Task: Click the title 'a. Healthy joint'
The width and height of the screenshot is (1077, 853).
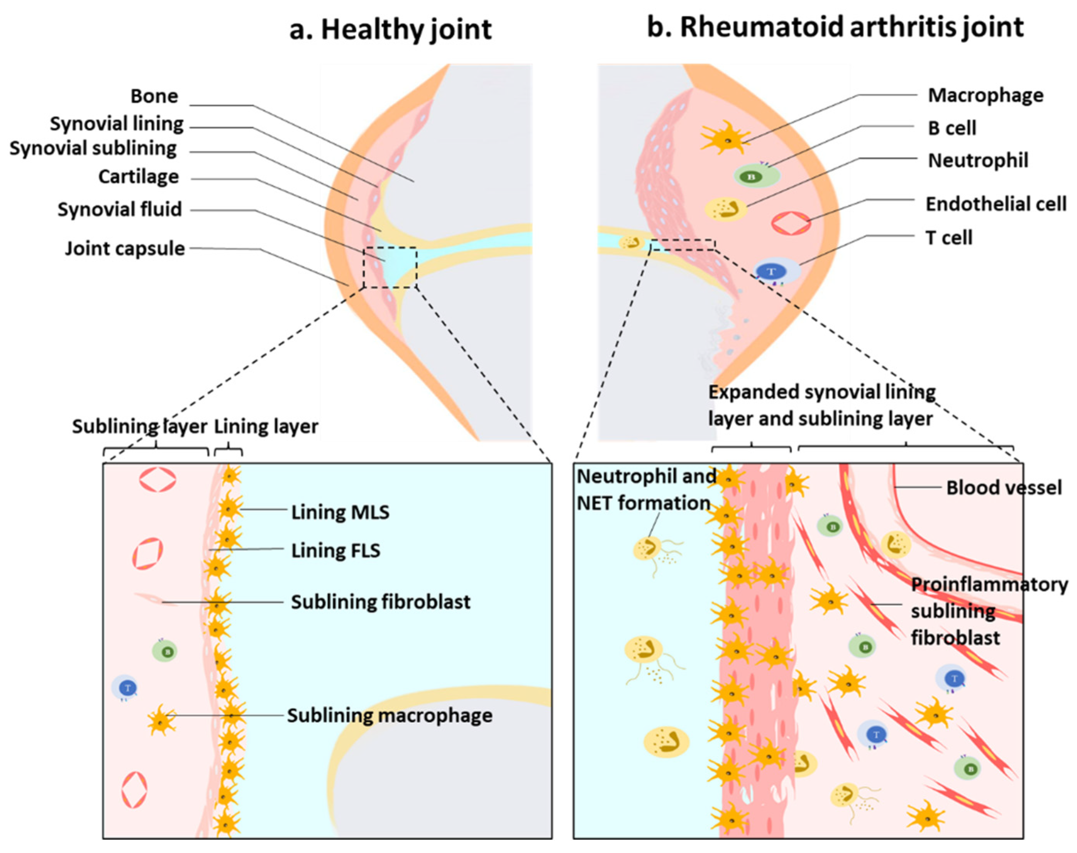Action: click(x=391, y=29)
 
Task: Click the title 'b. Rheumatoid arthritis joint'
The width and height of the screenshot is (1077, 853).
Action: click(x=835, y=27)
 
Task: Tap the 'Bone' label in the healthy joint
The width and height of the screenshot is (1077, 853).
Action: click(x=154, y=96)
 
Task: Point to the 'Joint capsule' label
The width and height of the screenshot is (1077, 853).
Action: click(x=125, y=248)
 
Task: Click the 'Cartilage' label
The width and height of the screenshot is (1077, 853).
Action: click(x=138, y=176)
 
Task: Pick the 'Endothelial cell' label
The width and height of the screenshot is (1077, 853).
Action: click(x=996, y=204)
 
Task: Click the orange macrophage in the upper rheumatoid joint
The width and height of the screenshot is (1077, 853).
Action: click(x=726, y=138)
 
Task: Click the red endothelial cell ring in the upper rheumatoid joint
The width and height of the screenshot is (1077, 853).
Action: click(x=791, y=223)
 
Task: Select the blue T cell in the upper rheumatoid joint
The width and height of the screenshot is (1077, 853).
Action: click(x=776, y=272)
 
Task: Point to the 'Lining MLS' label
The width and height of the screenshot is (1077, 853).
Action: click(x=340, y=512)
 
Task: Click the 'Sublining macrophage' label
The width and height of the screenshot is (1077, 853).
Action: click(x=389, y=716)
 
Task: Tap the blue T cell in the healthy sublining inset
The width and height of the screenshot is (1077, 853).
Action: click(x=125, y=688)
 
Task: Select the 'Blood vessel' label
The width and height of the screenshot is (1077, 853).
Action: click(x=1004, y=487)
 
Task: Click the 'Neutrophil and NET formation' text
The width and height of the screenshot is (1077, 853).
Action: click(x=645, y=489)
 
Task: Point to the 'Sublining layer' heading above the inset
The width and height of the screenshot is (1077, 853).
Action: click(x=139, y=426)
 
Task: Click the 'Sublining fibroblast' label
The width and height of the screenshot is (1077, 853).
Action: click(x=381, y=602)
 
